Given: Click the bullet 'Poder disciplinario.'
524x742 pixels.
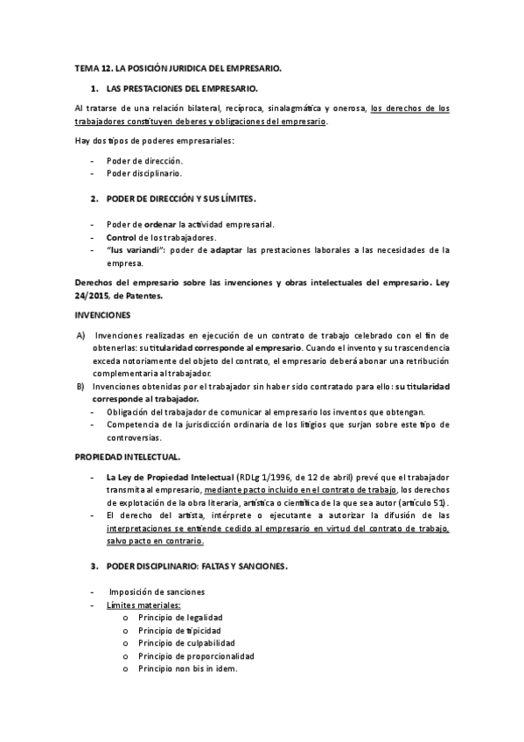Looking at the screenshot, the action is [144, 173].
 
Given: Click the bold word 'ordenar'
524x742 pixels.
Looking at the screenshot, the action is [160, 225].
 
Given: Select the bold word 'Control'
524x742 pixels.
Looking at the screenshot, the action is [122, 237].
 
